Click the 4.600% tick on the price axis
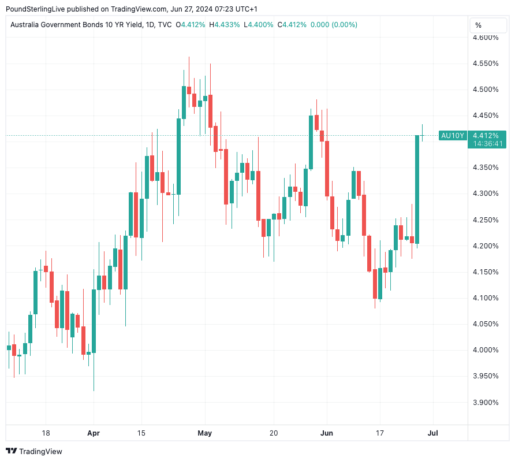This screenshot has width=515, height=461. tap(486, 38)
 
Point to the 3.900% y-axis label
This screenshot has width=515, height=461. tap(486, 402)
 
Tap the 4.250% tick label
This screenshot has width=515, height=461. tap(486, 220)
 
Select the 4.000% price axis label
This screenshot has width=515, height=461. tap(486, 350)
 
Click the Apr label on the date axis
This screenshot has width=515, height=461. tap(93, 433)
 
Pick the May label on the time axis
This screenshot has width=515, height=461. tap(205, 433)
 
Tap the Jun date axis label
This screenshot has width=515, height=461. tap(327, 433)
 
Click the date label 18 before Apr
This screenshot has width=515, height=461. tap(46, 433)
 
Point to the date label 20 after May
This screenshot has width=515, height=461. tap(274, 433)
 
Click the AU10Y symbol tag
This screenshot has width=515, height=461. tap(452, 136)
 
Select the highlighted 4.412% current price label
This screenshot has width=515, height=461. tap(486, 135)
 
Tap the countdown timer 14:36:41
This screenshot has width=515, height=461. tap(486, 144)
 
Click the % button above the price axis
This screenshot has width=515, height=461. tap(479, 25)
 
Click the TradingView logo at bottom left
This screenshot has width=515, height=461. tap(34, 451)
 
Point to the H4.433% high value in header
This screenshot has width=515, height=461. tap(226, 25)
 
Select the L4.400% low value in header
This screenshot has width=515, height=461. tap(259, 25)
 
